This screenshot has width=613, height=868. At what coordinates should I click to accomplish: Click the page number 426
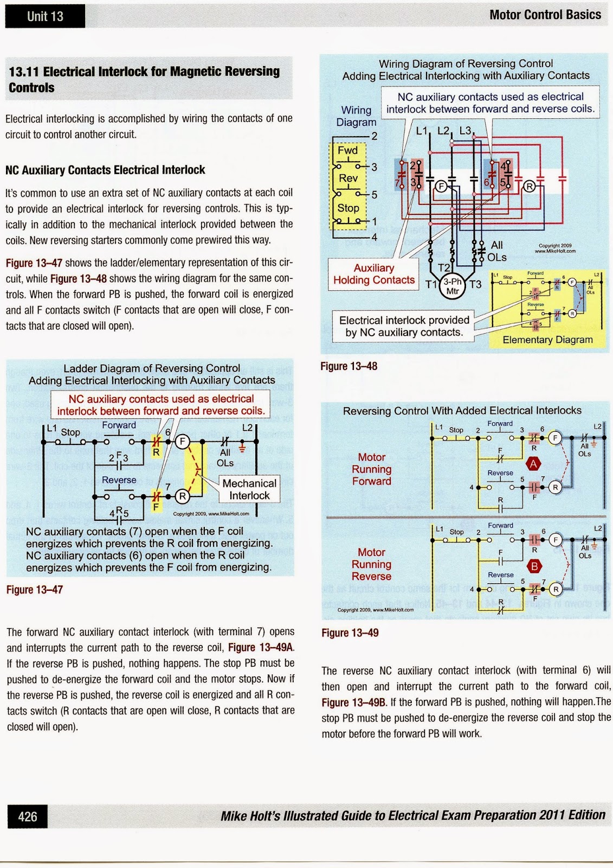28,816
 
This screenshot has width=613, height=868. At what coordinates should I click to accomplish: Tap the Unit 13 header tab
45,16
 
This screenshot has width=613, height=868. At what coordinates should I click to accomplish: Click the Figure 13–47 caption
35,590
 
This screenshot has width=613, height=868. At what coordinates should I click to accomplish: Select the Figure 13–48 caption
349,366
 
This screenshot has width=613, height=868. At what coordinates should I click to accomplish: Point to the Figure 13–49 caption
350,633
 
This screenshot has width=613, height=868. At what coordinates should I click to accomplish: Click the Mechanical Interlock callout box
249,489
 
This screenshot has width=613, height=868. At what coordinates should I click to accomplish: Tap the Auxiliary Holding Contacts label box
373,274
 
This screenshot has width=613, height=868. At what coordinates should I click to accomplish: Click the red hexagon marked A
534,464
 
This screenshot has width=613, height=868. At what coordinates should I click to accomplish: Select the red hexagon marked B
534,566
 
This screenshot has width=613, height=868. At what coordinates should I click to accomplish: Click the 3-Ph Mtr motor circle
452,286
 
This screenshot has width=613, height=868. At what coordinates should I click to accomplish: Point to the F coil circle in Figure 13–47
183,442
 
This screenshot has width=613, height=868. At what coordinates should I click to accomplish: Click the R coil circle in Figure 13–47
183,496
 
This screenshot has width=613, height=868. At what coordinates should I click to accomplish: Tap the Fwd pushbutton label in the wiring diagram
347,150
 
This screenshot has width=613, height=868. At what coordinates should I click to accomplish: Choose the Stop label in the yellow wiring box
348,208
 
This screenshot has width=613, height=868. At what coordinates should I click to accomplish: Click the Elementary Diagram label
547,340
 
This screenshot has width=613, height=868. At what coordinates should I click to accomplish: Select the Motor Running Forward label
371,469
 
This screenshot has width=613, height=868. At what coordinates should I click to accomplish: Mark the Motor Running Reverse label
371,564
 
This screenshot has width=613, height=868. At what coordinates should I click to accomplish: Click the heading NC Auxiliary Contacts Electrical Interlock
105,170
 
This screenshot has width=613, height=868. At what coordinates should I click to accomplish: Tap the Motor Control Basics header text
545,15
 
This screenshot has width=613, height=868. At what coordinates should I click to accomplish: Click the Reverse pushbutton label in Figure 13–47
119,480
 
